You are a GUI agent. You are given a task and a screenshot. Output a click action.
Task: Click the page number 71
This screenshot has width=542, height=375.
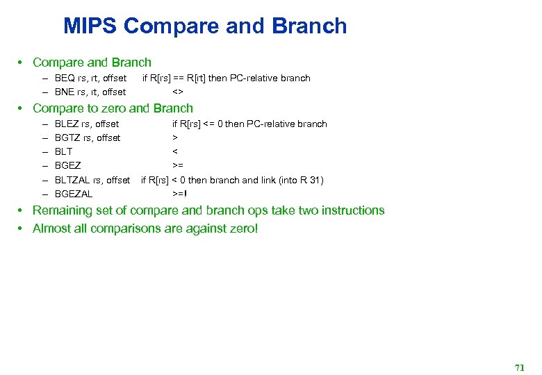pyautogui.click(x=519, y=367)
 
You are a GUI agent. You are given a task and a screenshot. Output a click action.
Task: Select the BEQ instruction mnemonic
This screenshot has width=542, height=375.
pyautogui.click(x=66, y=78)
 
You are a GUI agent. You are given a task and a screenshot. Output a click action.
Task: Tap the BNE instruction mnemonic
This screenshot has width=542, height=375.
pyautogui.click(x=66, y=92)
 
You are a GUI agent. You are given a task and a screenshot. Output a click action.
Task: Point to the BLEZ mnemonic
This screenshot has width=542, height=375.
pyautogui.click(x=67, y=124)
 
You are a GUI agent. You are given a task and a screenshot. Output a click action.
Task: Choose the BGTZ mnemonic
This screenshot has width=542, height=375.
pyautogui.click(x=67, y=138)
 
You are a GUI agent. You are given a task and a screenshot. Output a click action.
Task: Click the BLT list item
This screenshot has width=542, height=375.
pyautogui.click(x=63, y=152)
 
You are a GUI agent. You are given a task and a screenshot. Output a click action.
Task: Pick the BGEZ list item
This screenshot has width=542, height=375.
pyautogui.click(x=67, y=166)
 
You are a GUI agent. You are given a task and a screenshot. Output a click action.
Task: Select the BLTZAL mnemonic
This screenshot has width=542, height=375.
pyautogui.click(x=71, y=180)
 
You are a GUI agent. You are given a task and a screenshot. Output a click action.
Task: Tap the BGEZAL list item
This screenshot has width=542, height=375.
pyautogui.click(x=73, y=194)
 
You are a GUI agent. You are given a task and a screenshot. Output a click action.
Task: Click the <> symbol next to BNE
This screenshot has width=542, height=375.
pyautogui.click(x=178, y=92)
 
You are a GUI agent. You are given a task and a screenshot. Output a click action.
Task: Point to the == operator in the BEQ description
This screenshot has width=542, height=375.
pyautogui.click(x=178, y=78)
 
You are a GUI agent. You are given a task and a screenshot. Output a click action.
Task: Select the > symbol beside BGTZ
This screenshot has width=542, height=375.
pyautogui.click(x=175, y=138)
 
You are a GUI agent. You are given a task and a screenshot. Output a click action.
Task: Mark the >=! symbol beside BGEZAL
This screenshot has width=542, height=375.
pyautogui.click(x=180, y=194)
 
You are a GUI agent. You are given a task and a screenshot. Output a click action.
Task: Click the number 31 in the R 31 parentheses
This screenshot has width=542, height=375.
pyautogui.click(x=313, y=180)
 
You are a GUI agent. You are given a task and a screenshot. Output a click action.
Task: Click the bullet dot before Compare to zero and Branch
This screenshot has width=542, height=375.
pyautogui.click(x=22, y=108)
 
